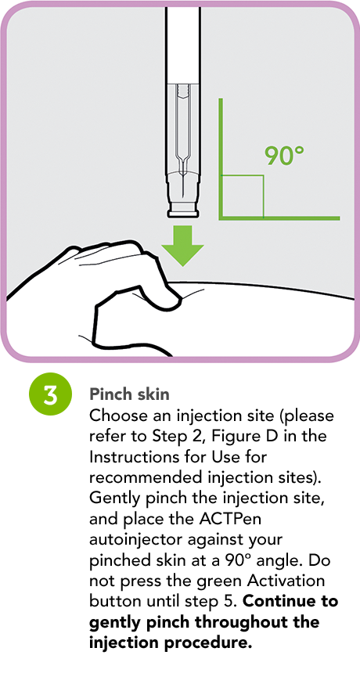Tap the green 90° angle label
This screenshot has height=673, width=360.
point(284,156)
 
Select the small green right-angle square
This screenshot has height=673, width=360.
point(242,196)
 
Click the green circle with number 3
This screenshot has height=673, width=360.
point(50,394)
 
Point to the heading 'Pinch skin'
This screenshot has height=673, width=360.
point(129,394)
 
